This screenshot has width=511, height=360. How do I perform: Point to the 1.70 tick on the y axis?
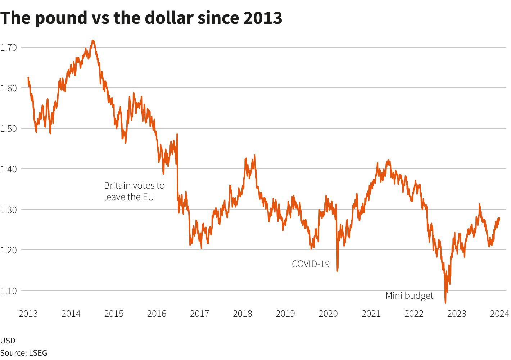9,47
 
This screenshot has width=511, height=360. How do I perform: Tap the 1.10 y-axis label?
9,291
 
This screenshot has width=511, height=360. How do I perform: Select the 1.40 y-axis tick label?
9,169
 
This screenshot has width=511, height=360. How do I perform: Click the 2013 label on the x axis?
28,314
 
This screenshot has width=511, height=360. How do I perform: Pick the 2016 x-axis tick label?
157,314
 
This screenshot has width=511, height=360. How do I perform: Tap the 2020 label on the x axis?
328,314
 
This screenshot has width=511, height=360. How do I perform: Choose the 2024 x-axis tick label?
499,314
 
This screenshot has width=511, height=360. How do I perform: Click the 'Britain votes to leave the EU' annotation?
134,191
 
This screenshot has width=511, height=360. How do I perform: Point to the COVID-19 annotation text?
311,264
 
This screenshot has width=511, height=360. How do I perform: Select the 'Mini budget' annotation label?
409,296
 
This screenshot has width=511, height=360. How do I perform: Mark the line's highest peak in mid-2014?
93,41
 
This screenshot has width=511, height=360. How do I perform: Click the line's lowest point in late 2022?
446,303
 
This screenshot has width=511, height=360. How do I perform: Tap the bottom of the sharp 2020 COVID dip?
337,271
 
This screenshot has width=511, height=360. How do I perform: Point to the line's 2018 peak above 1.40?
255,156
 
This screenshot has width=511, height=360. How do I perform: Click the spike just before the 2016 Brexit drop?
177,134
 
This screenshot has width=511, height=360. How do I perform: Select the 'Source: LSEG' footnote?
24,353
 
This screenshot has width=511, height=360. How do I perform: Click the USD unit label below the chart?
8,341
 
